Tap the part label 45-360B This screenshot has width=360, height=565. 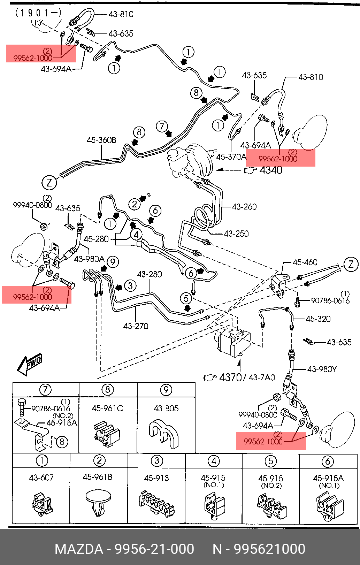pyautogui.click(x=101, y=140)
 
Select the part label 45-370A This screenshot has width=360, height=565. pyautogui.click(x=231, y=157)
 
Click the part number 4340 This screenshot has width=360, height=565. pyautogui.click(x=271, y=170)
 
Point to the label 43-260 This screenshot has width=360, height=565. pyautogui.click(x=244, y=207)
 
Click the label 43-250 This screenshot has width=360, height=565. pyautogui.click(x=236, y=234)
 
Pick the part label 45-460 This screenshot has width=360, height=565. pyautogui.click(x=305, y=262)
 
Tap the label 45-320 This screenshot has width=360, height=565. pyautogui.click(x=318, y=319)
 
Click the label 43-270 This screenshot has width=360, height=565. pyautogui.click(x=136, y=326)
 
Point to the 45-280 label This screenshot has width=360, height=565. pyautogui.click(x=96, y=239)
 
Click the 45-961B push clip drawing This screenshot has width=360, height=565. pyautogui.click(x=98, y=504)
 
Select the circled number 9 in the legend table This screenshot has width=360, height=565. pyautogui.click(x=166, y=390)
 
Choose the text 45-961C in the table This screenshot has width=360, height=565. pyautogui.click(x=107, y=408)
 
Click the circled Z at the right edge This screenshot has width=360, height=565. pyautogui.click(x=351, y=264)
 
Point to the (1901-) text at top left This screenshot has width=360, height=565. pyautogui.click(x=38, y=13)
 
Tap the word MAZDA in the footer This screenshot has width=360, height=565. pyautogui.click(x=79, y=549)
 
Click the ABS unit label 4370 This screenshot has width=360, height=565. pyautogui.click(x=230, y=377)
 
